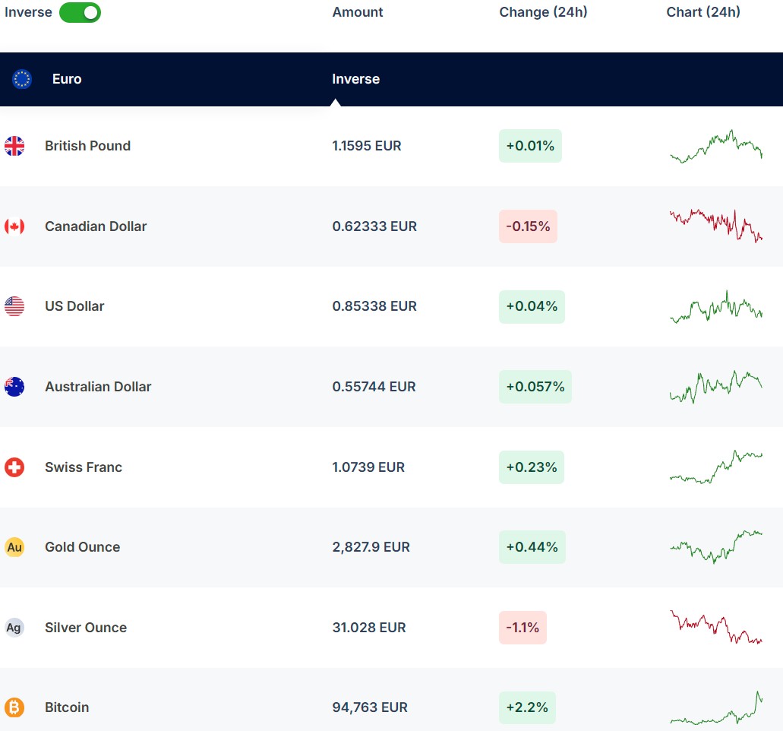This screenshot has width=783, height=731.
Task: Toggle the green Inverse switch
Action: (80, 12)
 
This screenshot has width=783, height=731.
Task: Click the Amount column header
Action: (358, 12)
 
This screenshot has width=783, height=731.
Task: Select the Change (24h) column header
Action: (543, 12)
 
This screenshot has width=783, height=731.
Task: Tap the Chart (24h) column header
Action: (702, 12)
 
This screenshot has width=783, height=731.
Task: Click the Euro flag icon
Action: (22, 79)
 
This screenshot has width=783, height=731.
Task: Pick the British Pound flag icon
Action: (14, 146)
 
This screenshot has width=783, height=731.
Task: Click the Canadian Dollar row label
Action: (96, 226)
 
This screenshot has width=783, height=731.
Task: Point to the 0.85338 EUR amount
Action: (374, 306)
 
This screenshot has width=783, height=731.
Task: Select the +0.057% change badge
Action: (535, 387)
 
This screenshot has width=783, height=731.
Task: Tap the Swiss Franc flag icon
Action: (14, 467)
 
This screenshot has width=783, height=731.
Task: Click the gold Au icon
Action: (14, 547)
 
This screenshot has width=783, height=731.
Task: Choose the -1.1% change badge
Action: (523, 628)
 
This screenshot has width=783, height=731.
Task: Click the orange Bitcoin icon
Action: (14, 707)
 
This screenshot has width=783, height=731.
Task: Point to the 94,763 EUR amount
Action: (370, 707)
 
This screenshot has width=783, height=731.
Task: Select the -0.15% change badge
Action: (528, 226)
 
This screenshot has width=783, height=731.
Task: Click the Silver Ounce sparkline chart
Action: (715, 628)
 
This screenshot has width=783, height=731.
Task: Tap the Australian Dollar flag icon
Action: (14, 387)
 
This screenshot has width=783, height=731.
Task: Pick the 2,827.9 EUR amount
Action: (371, 547)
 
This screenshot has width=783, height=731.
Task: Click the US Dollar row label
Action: (74, 306)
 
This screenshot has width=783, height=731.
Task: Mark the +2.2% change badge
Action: (527, 707)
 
